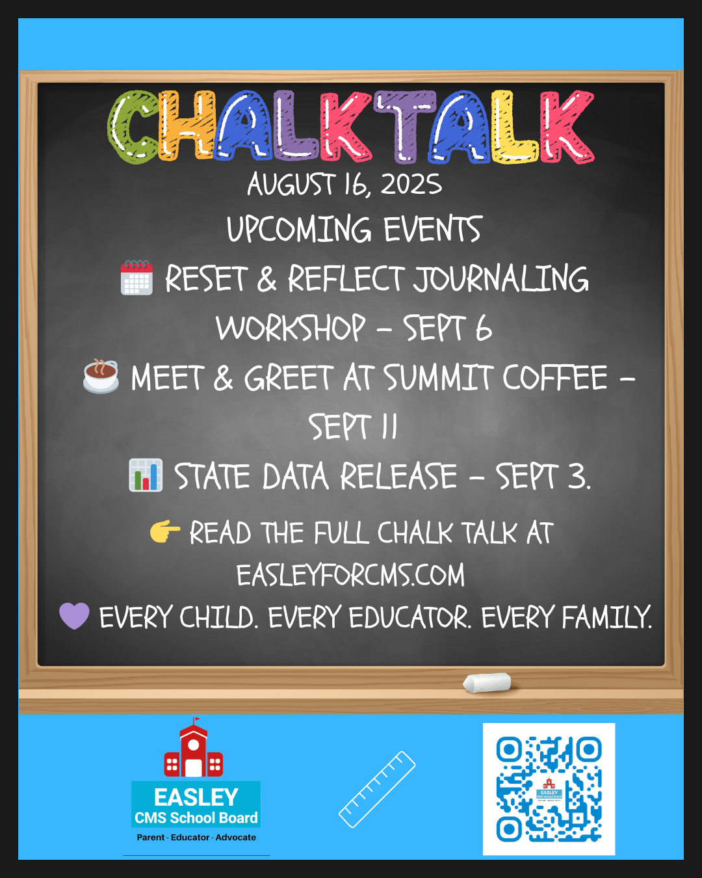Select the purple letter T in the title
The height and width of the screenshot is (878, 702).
coord(405,126)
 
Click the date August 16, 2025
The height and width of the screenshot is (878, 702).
coord(344,184)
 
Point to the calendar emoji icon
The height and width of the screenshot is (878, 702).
coord(136,278)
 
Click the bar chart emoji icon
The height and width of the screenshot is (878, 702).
coord(146,475)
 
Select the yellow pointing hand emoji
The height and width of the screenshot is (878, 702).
coord(165,531)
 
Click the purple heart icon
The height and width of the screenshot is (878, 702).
coord(74,616)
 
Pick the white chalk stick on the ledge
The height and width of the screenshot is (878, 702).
coord(487,683)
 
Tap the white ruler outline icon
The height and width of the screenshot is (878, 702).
coord(377,790)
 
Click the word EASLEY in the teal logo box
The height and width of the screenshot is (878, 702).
coord(196,797)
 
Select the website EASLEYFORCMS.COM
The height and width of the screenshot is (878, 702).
coord(350,574)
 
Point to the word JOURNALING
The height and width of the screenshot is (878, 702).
coord(501,278)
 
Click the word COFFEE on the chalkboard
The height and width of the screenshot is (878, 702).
coord(554,377)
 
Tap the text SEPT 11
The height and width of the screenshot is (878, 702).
coord(353,427)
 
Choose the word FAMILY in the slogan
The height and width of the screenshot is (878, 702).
coord(607,617)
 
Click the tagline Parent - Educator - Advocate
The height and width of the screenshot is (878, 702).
coord(196,837)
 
